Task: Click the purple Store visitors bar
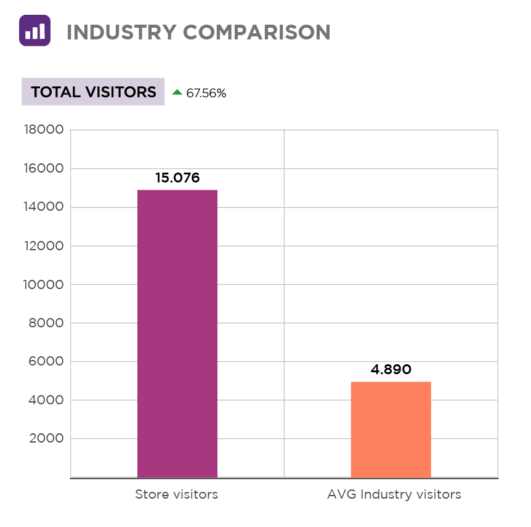pyautogui.click(x=177, y=333)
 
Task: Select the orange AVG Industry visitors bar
pyautogui.click(x=391, y=430)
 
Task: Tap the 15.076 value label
pyautogui.click(x=177, y=178)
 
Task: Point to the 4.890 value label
pyautogui.click(x=391, y=370)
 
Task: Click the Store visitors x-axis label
pyautogui.click(x=176, y=494)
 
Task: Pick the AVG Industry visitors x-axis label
pyautogui.click(x=394, y=494)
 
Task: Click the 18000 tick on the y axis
pyautogui.click(x=43, y=130)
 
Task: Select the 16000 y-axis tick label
pyautogui.click(x=43, y=169)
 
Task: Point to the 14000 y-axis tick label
pyautogui.click(x=43, y=207)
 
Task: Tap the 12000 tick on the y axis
pyautogui.click(x=43, y=246)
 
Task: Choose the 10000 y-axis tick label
pyautogui.click(x=43, y=285)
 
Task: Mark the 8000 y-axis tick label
pyautogui.click(x=47, y=323)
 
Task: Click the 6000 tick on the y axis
pyautogui.click(x=47, y=362)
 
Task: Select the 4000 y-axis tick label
pyautogui.click(x=47, y=401)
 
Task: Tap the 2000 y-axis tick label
pyautogui.click(x=47, y=439)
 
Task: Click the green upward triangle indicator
pyautogui.click(x=177, y=92)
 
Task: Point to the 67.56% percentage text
pyautogui.click(x=206, y=94)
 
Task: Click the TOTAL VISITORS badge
pyautogui.click(x=94, y=92)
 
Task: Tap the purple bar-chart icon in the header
pyautogui.click(x=34, y=31)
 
